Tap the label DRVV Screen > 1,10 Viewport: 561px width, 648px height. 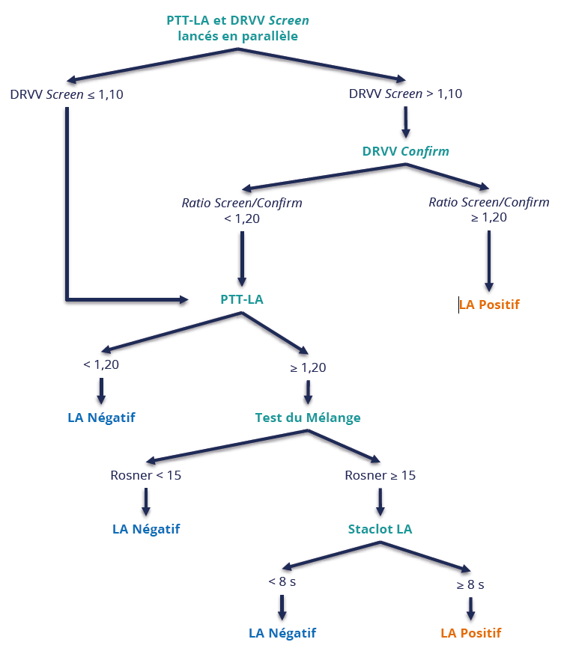click(x=405, y=94)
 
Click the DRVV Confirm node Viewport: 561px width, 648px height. click(x=405, y=151)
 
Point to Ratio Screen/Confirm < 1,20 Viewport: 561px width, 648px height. click(x=242, y=210)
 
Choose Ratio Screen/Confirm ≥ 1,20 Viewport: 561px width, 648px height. click(x=488, y=210)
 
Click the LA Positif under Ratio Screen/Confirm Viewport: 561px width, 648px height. click(x=489, y=305)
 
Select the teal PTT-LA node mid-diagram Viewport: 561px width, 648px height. click(x=242, y=299)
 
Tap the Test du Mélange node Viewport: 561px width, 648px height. click(x=307, y=418)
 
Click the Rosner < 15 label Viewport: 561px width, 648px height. click(x=145, y=475)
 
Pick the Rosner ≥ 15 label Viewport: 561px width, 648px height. click(x=380, y=475)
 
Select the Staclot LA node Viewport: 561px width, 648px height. click(x=380, y=529)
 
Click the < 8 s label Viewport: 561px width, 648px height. click(x=282, y=581)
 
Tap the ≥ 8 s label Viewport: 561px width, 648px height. click(x=470, y=584)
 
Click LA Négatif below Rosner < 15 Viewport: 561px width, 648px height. click(x=146, y=529)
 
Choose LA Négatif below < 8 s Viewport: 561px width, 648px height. click(x=282, y=633)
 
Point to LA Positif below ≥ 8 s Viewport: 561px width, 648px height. click(x=470, y=633)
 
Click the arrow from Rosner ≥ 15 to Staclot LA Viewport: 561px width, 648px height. click(x=380, y=502)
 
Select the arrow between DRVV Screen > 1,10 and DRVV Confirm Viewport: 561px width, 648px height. click(x=405, y=122)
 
